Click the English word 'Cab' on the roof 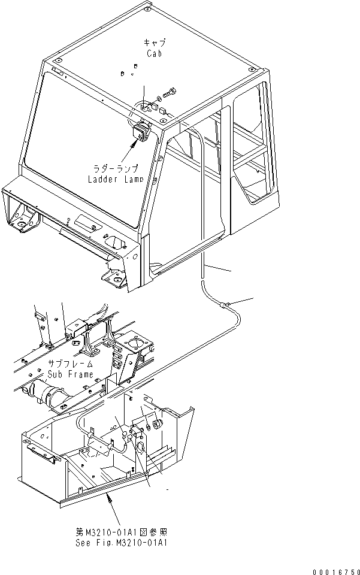(x=154, y=53)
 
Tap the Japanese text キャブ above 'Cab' (x=154, y=43)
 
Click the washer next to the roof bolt (x=159, y=98)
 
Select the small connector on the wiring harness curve (x=225, y=305)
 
